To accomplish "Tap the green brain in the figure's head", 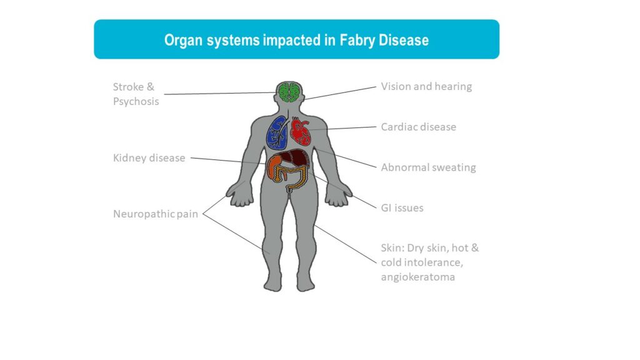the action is [289, 92].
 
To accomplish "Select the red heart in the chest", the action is [301, 131].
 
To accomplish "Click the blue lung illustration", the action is [277, 132].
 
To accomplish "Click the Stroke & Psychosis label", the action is [136, 94].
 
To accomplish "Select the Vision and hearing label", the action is [426, 86].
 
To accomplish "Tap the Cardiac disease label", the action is [418, 127].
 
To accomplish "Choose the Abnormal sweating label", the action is [428, 167].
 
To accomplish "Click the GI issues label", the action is [402, 207].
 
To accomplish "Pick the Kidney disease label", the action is [149, 158].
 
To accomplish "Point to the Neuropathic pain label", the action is [156, 214].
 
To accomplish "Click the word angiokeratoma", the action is [418, 277].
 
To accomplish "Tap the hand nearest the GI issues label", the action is [338, 195].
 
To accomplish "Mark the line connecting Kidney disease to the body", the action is [227, 161].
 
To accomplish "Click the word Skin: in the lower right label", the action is [392, 248].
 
